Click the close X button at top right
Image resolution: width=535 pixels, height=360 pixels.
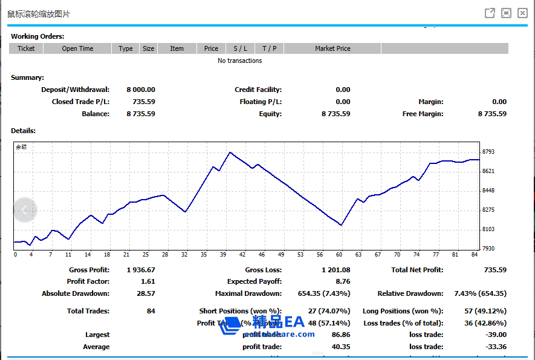click(523, 13)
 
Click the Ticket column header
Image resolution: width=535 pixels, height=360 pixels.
click(26, 48)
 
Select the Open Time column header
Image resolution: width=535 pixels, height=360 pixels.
click(77, 48)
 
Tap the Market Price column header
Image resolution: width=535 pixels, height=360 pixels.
click(332, 48)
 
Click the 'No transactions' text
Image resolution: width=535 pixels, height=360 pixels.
click(240, 61)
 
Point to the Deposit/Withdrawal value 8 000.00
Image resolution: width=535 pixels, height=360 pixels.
click(141, 90)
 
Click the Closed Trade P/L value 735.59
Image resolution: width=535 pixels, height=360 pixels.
click(144, 102)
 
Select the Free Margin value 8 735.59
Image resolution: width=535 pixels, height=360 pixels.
click(492, 114)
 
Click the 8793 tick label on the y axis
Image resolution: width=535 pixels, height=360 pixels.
click(489, 152)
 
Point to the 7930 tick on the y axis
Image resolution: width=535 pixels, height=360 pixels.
click(489, 249)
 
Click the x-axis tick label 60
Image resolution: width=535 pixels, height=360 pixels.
click(339, 255)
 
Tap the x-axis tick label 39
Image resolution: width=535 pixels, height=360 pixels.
click(223, 255)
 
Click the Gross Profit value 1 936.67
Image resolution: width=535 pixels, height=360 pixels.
click(141, 270)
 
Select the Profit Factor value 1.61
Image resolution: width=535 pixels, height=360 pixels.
click(148, 281)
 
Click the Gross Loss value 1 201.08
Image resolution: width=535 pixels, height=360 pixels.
click(336, 270)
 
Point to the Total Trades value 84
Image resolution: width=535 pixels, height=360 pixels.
click(151, 311)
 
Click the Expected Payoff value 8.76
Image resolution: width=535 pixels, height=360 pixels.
click(343, 281)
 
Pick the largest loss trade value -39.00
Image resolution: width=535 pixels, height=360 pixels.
click(496, 335)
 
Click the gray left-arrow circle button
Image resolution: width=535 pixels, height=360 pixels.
click(25, 210)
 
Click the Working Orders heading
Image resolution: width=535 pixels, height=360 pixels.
click(37, 36)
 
